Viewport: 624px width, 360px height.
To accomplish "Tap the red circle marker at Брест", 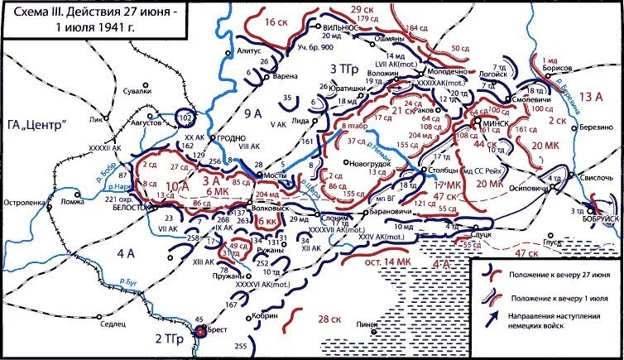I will click(200, 333).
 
